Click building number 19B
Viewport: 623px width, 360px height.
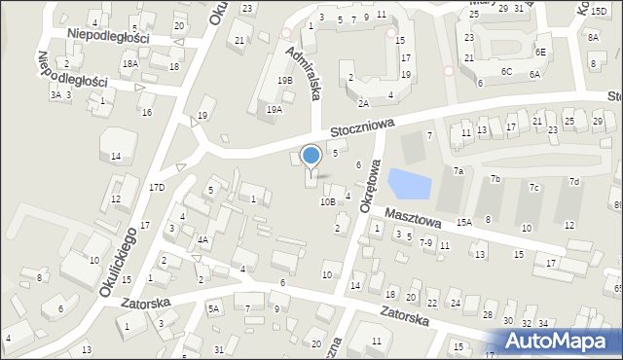coord(284,81)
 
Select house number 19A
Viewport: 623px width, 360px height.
coord(275,110)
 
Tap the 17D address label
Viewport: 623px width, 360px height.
coord(156,186)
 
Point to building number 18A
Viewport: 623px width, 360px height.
coord(129,63)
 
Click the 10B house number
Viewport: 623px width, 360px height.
coord(328,201)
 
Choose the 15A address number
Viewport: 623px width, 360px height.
coord(464,223)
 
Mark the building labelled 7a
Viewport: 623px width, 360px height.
coord(457,170)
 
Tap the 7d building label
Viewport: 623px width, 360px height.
coord(574,182)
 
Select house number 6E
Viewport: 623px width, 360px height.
coord(540,52)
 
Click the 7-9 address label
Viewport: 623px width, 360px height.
coord(425,242)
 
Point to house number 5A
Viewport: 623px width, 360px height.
coord(213,308)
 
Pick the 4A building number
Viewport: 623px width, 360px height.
coord(202,239)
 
